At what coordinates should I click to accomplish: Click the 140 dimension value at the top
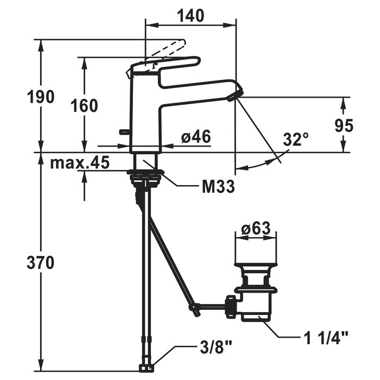coord(191,16)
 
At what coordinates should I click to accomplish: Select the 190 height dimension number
coord(41,97)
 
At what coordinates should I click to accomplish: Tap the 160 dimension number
coord(84,106)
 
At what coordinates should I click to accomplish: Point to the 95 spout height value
coord(344,125)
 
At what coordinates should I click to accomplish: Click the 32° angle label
coord(296,139)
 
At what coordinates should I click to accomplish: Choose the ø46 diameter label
coord(196,137)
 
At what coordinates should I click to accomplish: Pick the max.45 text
coord(80,162)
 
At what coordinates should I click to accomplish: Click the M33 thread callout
coord(218,186)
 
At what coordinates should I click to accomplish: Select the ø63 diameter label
coord(256,228)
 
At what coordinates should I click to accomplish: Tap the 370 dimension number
coord(41,263)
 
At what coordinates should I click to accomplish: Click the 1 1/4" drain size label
coord(326,338)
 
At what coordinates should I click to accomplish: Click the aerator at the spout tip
coord(235,95)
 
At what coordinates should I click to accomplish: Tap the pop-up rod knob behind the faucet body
coord(125,132)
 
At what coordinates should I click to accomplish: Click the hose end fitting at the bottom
coord(147,368)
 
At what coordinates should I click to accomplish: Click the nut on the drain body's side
coord(231,306)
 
